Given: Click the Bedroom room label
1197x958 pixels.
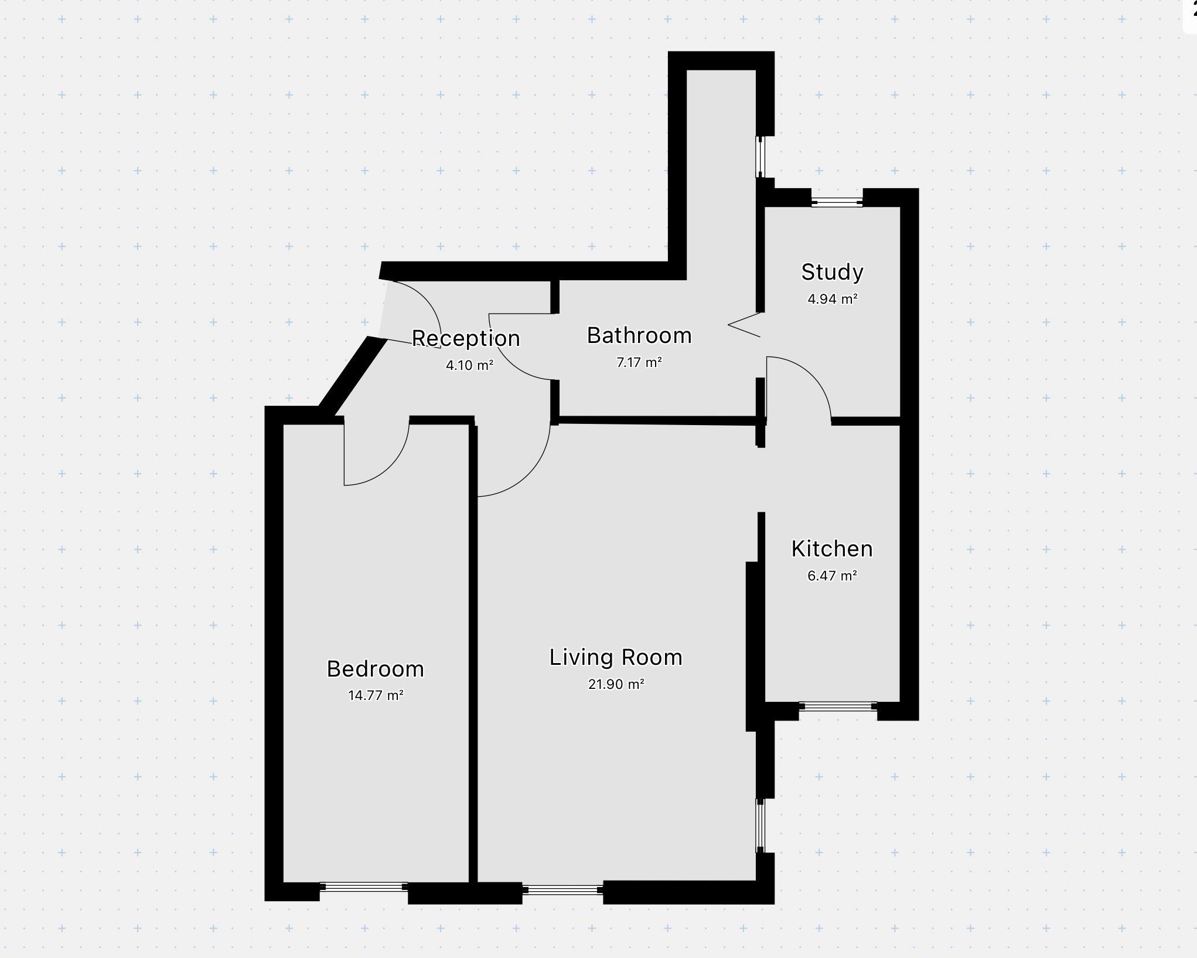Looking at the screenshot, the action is pyautogui.click(x=375, y=669).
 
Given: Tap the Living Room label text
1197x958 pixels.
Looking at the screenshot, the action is pyautogui.click(x=616, y=658).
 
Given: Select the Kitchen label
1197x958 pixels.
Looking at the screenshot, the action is pyautogui.click(x=832, y=549).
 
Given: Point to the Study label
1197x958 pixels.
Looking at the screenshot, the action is pyautogui.click(x=832, y=272).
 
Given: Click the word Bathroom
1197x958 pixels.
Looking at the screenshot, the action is pyautogui.click(x=639, y=335).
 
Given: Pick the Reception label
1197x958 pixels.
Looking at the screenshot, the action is pyautogui.click(x=466, y=338).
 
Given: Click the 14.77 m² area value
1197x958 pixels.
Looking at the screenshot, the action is pyautogui.click(x=376, y=695).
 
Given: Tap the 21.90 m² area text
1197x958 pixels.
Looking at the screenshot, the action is pyautogui.click(x=616, y=684).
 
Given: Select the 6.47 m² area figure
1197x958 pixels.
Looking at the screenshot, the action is pyautogui.click(x=832, y=575).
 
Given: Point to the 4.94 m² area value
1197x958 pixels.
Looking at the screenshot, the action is pyautogui.click(x=833, y=299).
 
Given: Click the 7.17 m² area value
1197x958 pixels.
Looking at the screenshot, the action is pyautogui.click(x=639, y=362).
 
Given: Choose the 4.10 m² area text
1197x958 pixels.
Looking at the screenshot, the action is pyautogui.click(x=469, y=365).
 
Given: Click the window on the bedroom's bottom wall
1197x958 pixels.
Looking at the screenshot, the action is pyautogui.click(x=364, y=887).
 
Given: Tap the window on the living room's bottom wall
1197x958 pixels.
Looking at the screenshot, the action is pyautogui.click(x=562, y=890).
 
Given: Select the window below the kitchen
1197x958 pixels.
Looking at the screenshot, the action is pyautogui.click(x=838, y=706).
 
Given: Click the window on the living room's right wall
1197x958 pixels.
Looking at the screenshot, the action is pyautogui.click(x=761, y=825).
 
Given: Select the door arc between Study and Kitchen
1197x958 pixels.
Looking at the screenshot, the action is pyautogui.click(x=811, y=375).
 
